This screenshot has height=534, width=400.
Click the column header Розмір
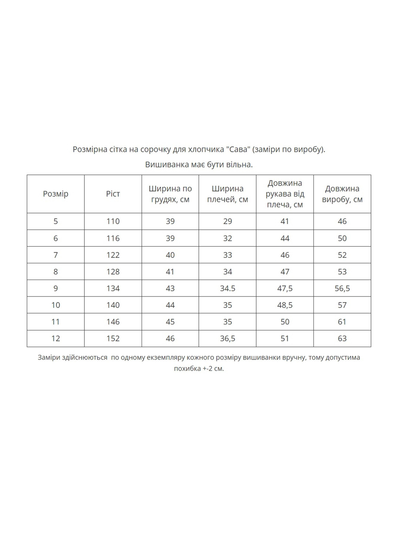coord(56,194)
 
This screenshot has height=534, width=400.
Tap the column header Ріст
coord(113,194)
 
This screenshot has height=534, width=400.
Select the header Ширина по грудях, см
coord(170,194)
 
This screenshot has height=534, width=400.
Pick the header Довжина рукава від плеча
coord(285,194)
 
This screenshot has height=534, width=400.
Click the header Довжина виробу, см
coord(342,194)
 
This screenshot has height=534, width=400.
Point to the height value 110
coord(113,221)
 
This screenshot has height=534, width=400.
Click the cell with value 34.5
coord(228,288)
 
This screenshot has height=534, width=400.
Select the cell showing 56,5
coord(342,288)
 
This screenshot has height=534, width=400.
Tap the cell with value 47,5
coord(285,288)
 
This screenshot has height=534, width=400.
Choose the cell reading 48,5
coord(285,305)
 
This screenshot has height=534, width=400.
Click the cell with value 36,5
coord(228,338)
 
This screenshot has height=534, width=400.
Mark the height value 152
coord(113,338)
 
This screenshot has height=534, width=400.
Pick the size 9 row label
coord(56,288)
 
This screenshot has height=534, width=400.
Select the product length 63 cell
coord(342,338)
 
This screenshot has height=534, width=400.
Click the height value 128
coord(113,272)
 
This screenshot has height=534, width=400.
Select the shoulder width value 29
coord(228,221)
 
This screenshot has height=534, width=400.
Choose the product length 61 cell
coord(342,322)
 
